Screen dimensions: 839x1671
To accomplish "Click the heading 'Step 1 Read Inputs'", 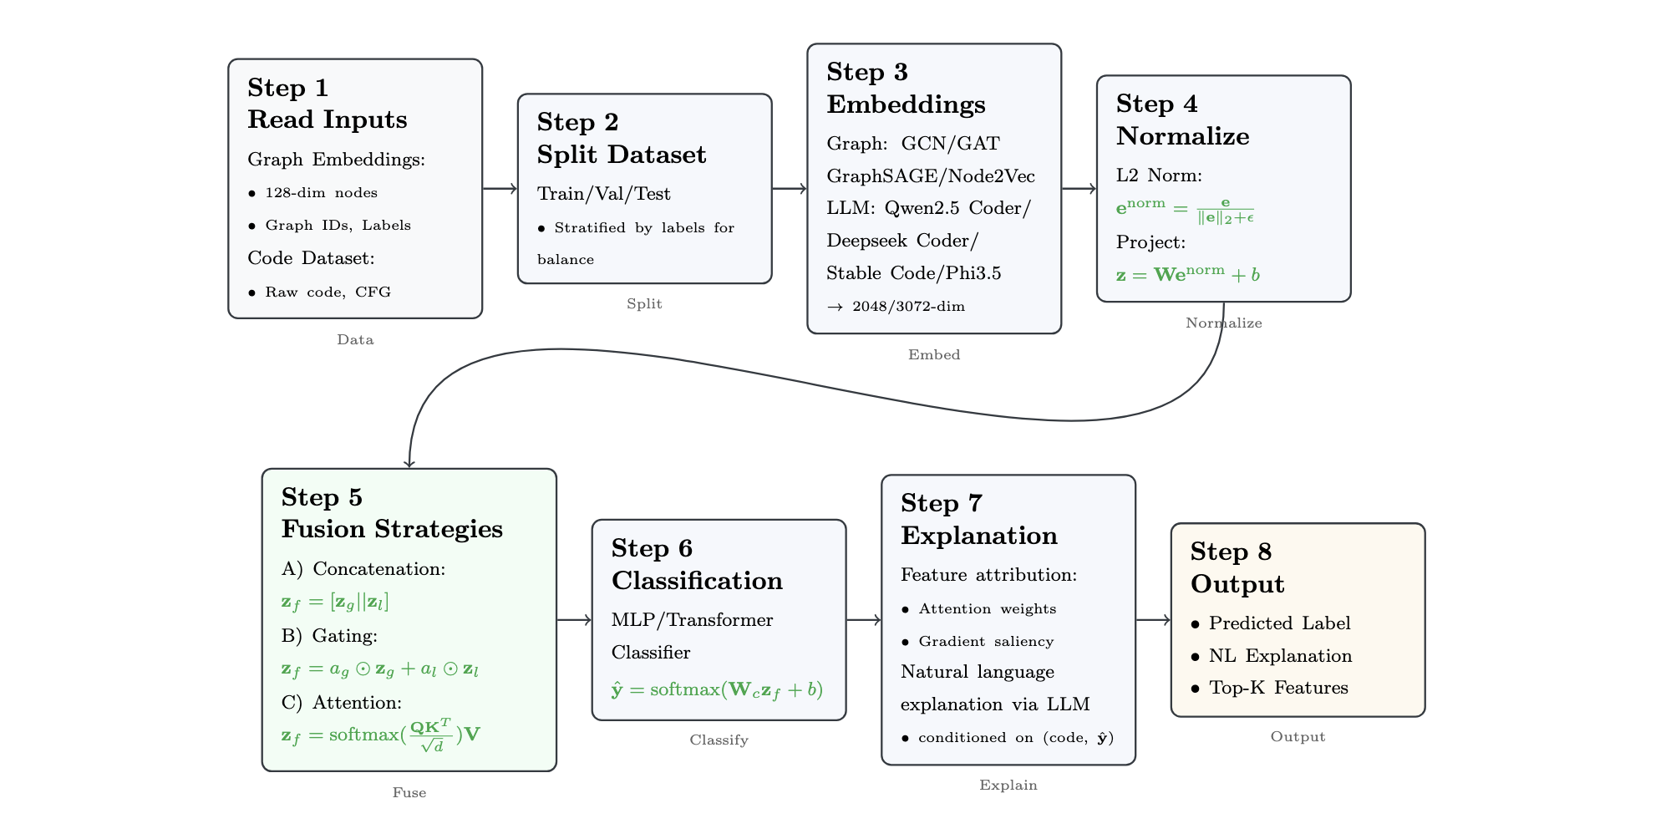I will (328, 104).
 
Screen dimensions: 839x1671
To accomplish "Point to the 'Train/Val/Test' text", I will (604, 194).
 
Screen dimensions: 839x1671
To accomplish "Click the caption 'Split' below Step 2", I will (644, 304).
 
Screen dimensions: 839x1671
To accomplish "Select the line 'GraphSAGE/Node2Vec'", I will (931, 176).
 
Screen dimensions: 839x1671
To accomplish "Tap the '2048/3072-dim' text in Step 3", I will (908, 307).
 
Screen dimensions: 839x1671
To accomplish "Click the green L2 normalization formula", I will (1185, 210).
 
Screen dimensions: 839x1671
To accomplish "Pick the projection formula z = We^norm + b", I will (1187, 274).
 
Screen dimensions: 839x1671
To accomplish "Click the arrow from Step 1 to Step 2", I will (500, 189).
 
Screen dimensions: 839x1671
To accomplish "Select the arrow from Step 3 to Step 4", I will (1079, 189).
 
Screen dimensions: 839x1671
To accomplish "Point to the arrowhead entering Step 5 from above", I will (409, 462).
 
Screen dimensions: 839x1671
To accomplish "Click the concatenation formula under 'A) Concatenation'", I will (335, 602).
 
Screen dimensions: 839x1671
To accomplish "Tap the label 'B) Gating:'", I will (329, 636).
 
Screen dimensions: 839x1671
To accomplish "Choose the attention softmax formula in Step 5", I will (381, 735).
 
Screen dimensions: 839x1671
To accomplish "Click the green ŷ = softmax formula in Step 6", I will (717, 689).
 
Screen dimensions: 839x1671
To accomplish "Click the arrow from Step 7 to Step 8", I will (1153, 620).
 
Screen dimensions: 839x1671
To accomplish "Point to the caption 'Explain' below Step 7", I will (1008, 786).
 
